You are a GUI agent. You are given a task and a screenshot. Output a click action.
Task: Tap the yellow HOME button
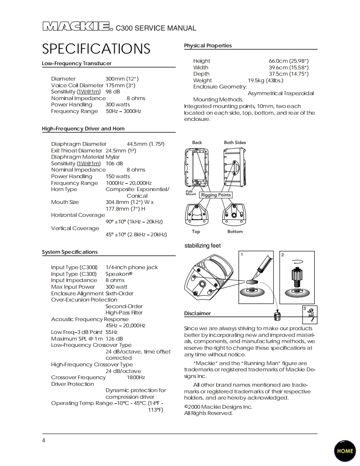(345, 451)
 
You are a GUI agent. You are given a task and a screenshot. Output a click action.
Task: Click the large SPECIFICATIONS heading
(96, 49)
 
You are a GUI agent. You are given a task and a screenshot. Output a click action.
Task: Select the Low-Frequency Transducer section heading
(76, 64)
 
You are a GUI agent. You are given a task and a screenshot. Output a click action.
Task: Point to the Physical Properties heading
(208, 46)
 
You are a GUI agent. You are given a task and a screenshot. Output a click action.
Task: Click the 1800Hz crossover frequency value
(136, 378)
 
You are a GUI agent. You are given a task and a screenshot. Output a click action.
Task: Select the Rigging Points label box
(216, 195)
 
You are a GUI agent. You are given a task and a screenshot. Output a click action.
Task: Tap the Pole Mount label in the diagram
(191, 193)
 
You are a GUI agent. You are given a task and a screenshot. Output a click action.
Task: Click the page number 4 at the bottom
(44, 440)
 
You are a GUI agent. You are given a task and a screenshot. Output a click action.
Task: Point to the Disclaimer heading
(197, 314)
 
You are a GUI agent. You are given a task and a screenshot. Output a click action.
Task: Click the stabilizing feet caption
(202, 246)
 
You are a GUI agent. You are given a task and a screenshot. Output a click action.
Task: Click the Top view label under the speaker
(196, 232)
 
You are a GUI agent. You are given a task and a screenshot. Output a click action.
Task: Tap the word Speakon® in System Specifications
(118, 274)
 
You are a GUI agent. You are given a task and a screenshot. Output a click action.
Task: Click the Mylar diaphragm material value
(113, 157)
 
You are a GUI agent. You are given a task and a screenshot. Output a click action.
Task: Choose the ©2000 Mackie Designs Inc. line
(218, 407)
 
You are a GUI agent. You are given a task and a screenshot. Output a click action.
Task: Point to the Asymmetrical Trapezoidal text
(281, 93)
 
